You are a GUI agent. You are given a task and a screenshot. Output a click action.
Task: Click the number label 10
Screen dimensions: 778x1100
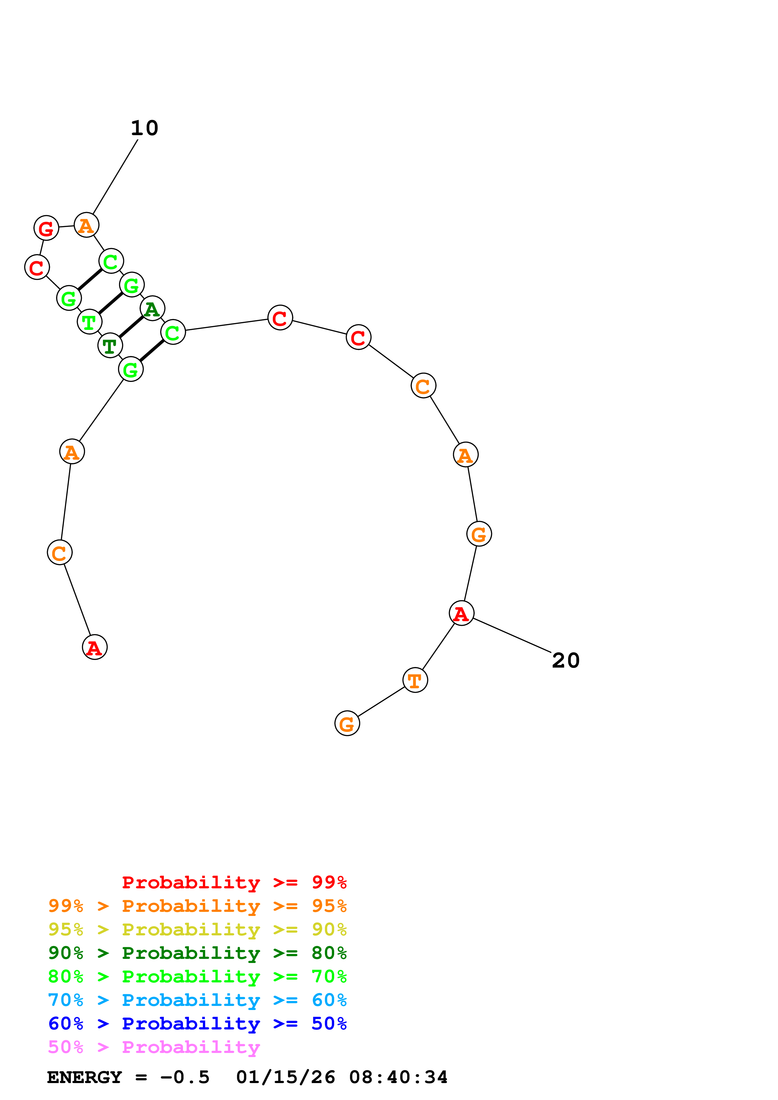pyautogui.click(x=144, y=128)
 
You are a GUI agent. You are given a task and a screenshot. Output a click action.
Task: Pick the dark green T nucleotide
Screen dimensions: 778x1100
pyautogui.click(x=110, y=346)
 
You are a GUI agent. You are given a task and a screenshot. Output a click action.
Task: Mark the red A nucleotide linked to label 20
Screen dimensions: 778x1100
pyautogui.click(x=461, y=613)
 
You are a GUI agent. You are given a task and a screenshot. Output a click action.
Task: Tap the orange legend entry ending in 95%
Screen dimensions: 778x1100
pyautogui.click(x=197, y=906)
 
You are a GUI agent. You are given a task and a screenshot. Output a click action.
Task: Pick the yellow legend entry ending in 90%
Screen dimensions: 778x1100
pyautogui.click(x=197, y=929)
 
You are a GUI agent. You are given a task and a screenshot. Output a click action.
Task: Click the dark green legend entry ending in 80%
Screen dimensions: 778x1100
pyautogui.click(x=197, y=953)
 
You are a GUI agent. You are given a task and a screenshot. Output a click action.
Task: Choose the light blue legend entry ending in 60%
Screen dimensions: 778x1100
pyautogui.click(x=197, y=1000)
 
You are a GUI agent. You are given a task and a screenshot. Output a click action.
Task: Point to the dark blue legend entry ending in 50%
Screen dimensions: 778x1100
pyautogui.click(x=197, y=1023)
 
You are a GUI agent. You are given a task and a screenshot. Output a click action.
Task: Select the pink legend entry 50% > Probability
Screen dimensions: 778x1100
pyautogui.click(x=154, y=1047)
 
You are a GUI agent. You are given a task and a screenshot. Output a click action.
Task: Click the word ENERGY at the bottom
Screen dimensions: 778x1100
pyautogui.click(x=84, y=1077)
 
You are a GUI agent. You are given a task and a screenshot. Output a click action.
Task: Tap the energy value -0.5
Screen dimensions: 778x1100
pyautogui.click(x=185, y=1077)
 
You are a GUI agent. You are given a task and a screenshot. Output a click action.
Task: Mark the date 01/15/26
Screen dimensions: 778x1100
pyautogui.click(x=286, y=1077)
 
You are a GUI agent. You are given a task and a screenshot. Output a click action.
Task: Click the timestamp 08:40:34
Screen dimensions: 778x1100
pyautogui.click(x=398, y=1077)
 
